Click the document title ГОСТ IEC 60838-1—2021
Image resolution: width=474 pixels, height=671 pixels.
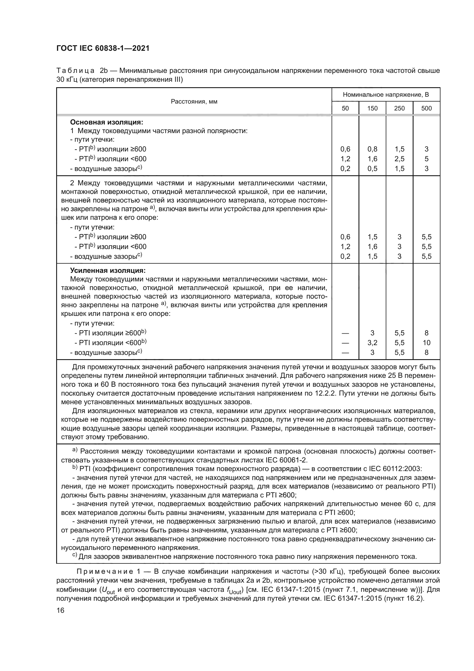[x=103, y=48]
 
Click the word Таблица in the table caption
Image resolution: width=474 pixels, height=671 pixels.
[x=75, y=71]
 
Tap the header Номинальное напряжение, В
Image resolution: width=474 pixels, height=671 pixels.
[x=385, y=95]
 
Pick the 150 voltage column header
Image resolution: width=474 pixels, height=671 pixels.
[x=372, y=108]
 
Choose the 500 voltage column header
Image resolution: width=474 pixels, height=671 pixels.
[x=426, y=108]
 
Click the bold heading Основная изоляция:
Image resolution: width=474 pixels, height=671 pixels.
[x=107, y=122]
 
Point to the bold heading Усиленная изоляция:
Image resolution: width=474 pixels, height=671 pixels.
[x=108, y=270]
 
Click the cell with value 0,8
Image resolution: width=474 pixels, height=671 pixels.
[x=372, y=149]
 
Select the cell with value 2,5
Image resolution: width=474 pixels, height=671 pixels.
[x=399, y=159]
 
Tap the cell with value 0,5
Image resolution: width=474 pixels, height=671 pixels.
[x=372, y=169]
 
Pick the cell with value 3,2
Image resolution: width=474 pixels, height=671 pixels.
[x=372, y=343]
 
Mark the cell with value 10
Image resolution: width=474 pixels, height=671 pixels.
[x=426, y=343]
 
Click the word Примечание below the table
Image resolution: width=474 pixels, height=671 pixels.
[x=105, y=572]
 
